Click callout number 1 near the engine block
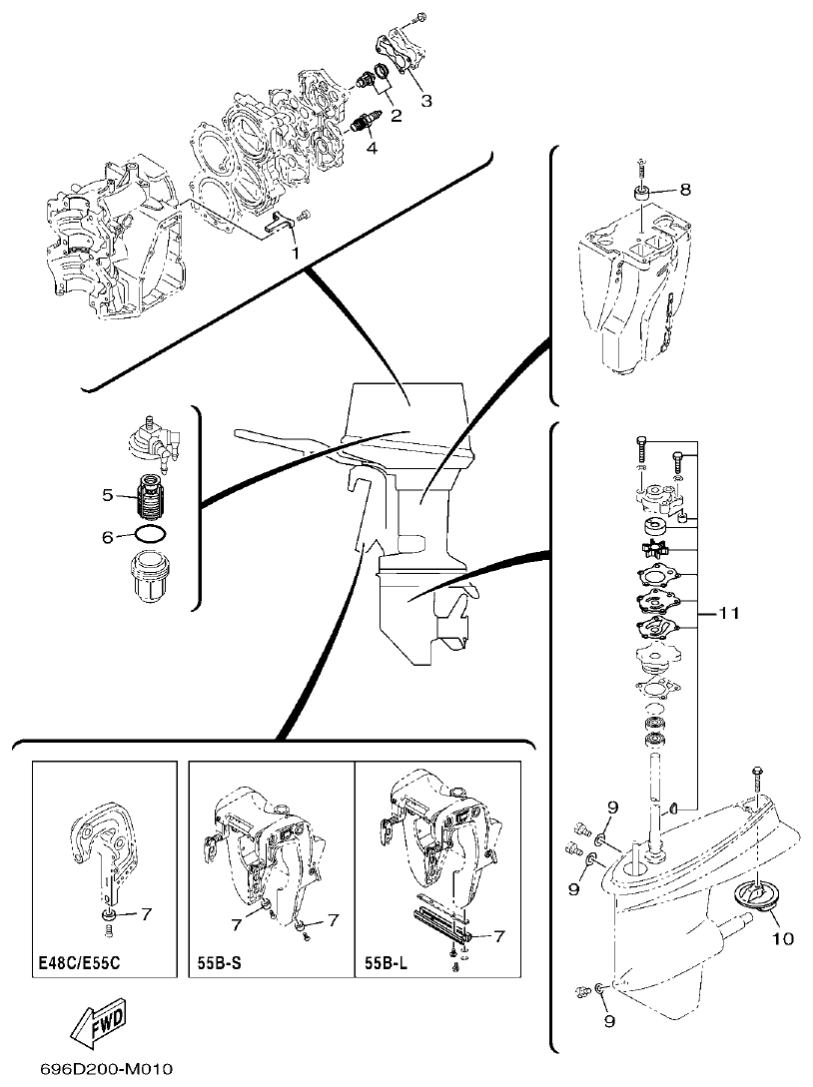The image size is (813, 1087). tap(295, 254)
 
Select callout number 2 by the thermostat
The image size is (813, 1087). tap(396, 117)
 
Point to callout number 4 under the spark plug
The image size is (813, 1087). tap(372, 149)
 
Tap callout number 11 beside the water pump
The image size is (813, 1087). tap(729, 614)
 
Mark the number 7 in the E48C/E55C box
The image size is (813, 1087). tap(145, 913)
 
